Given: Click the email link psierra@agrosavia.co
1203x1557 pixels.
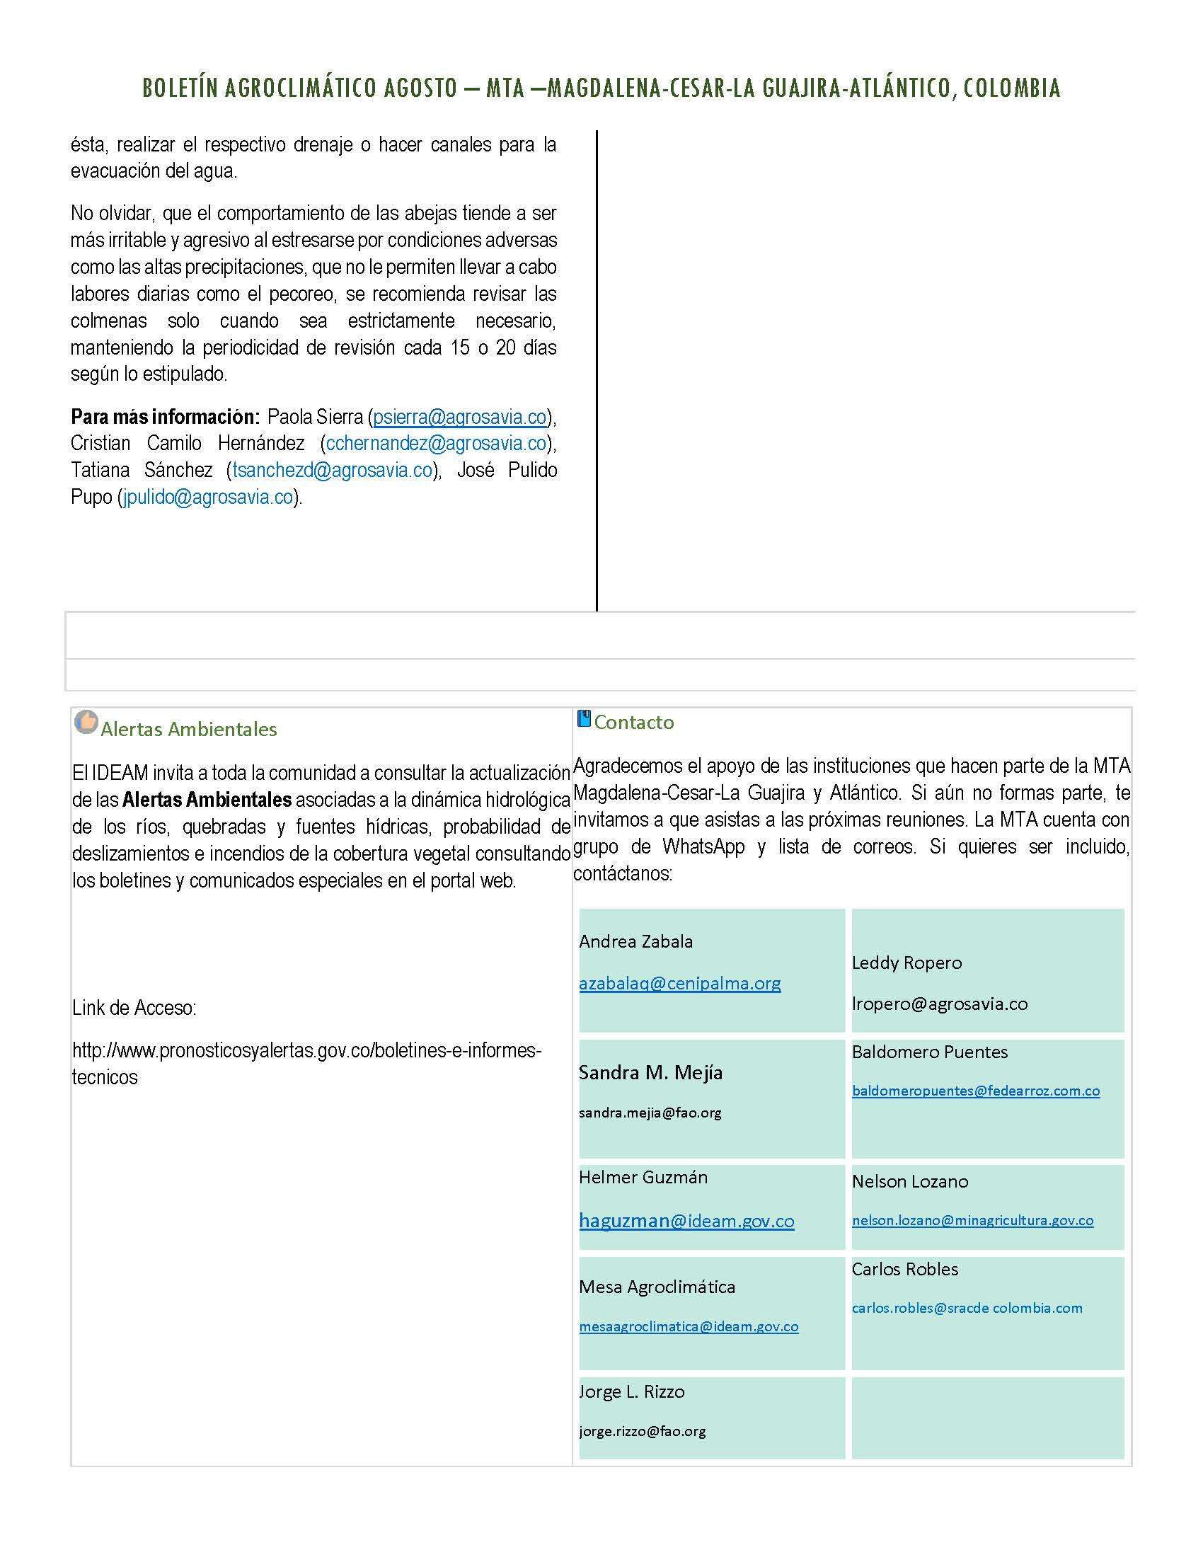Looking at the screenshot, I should tap(460, 417).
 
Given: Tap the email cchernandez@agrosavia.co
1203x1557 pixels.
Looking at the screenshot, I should tap(436, 444).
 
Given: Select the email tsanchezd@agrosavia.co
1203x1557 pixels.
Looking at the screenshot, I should tap(332, 471).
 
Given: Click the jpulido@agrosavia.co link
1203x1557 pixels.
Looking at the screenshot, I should tap(208, 497).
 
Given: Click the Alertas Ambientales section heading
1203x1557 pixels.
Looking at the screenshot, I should tap(189, 729).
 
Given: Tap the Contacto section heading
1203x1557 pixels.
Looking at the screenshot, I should tap(633, 722).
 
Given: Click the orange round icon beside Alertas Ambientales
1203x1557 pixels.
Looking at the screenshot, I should tap(86, 722).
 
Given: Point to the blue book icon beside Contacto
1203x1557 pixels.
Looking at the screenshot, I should tap(584, 718).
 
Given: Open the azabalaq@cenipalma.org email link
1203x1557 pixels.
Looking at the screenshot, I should tap(679, 983).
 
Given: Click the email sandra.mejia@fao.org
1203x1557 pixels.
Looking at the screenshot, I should tap(650, 1112).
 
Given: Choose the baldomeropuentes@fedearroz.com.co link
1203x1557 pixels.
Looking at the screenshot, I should tap(976, 1091).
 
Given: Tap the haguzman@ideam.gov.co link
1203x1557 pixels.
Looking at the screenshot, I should tap(686, 1221).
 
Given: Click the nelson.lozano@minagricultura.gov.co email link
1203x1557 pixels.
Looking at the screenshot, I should tap(972, 1220).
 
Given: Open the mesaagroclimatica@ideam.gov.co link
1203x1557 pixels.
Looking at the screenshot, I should tap(689, 1327).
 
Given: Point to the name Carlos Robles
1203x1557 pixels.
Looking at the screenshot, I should tap(904, 1269).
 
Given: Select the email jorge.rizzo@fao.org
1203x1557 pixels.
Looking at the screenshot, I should tap(642, 1431).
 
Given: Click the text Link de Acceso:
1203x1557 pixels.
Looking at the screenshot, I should tap(134, 1008).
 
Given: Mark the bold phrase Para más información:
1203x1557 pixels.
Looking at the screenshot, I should tap(165, 417).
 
